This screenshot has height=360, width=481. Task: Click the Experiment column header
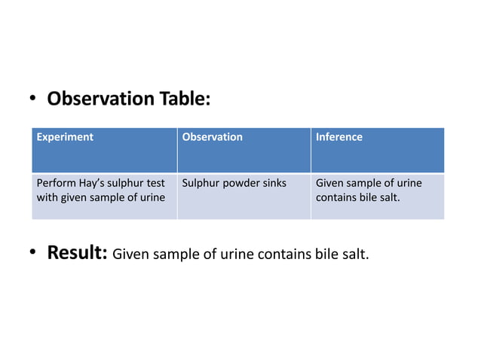click(x=65, y=137)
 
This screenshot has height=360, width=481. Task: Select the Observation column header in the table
click(x=213, y=137)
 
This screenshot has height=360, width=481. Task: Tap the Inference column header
click(x=339, y=137)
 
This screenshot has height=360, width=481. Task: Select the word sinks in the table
click(x=272, y=183)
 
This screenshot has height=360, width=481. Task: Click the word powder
click(x=238, y=183)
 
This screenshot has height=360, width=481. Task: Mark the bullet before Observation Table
click(x=34, y=99)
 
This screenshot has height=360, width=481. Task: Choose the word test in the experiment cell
click(x=155, y=183)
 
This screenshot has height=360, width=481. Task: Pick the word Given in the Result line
click(x=130, y=255)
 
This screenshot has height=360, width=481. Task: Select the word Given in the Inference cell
click(x=330, y=183)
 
